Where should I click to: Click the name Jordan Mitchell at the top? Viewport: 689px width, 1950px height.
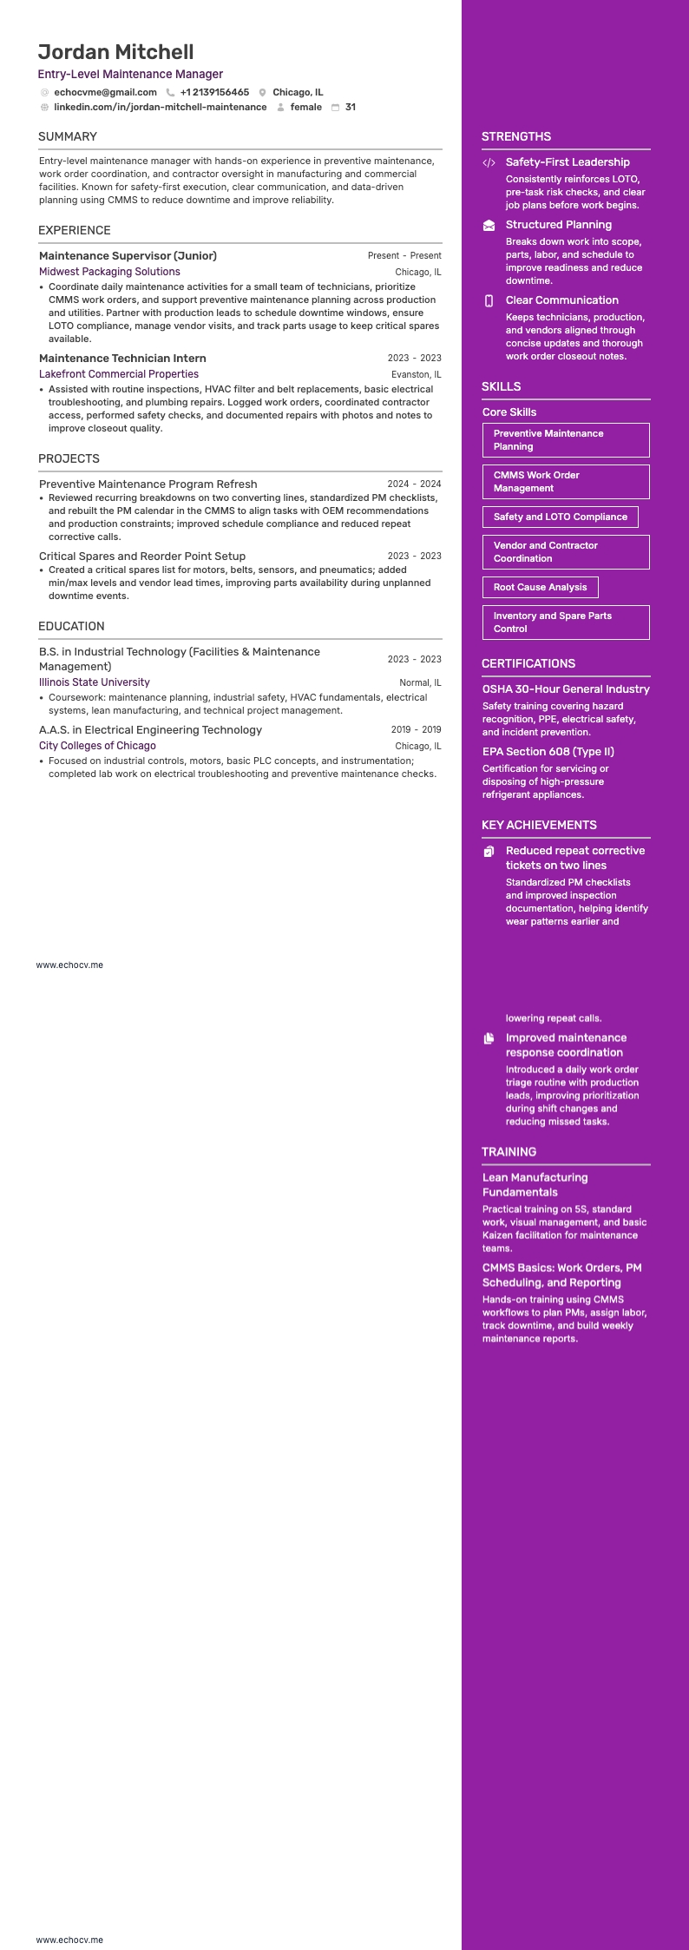(115, 52)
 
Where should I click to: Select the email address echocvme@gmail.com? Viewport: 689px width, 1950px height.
(105, 92)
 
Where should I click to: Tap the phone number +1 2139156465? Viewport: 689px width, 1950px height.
(214, 92)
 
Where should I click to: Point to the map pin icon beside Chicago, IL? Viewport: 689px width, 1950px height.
(262, 93)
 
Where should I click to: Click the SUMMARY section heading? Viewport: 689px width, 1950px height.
(68, 136)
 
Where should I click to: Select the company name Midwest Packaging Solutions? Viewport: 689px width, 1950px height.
(109, 272)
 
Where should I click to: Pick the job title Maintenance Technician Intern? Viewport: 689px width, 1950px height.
(122, 358)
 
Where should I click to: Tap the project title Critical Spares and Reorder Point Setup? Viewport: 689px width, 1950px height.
(142, 556)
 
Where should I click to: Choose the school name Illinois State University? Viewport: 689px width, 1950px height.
(94, 682)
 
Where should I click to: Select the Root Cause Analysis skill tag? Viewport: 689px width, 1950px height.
(540, 588)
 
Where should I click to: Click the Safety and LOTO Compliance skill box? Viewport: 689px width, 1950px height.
(560, 517)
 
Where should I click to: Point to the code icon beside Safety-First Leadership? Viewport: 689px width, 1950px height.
(489, 162)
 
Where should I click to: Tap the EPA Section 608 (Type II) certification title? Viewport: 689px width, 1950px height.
(548, 752)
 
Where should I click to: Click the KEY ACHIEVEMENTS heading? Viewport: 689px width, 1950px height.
(539, 825)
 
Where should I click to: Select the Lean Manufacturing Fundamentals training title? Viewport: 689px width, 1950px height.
(535, 1184)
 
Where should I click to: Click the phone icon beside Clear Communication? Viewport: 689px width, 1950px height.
(489, 300)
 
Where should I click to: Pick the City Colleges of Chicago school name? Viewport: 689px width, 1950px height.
(97, 746)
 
